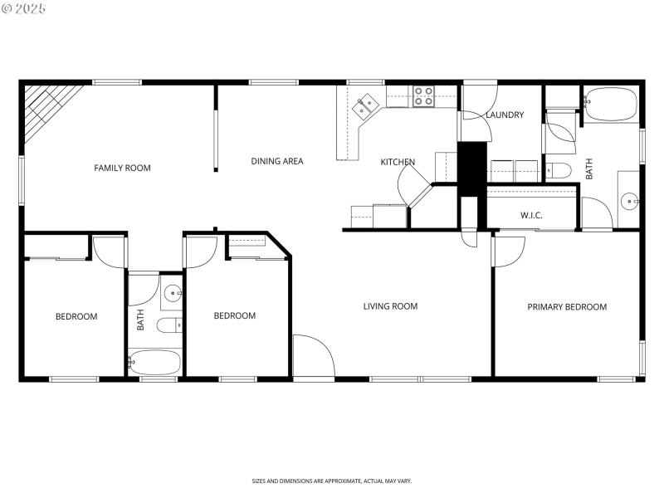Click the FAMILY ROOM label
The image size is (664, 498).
122,168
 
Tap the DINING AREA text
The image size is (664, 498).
277,161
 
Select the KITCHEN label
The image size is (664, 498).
398,162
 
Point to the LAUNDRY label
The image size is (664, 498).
505,115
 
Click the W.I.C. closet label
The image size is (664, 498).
531,216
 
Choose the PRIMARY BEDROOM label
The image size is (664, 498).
567,307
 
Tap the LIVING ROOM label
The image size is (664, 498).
390,306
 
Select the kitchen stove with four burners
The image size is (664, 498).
424,96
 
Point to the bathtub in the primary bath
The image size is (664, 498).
610,105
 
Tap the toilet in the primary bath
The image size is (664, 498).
559,171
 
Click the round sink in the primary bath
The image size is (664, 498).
630,200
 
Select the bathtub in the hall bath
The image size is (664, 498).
154,363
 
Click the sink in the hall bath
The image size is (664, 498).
173,293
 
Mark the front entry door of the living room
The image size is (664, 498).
313,357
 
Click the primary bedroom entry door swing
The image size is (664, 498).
508,251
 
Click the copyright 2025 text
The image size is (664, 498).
24,8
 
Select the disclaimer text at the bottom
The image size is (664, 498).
332,481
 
